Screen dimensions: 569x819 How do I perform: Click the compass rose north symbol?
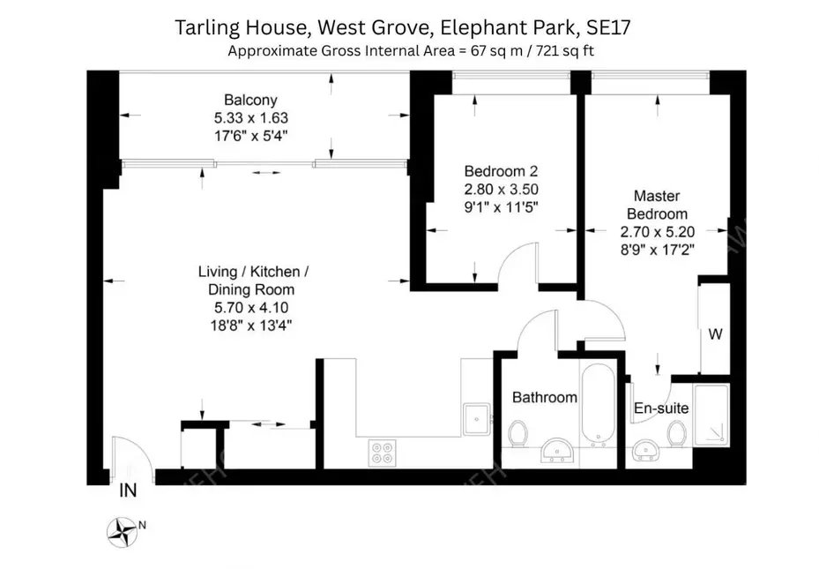[x=123, y=531]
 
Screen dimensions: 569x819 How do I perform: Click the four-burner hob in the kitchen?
[x=383, y=453]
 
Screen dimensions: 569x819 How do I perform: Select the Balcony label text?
[x=250, y=100]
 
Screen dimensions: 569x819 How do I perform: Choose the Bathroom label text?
[x=545, y=397]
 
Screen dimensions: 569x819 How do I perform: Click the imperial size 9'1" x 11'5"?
[x=501, y=206]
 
